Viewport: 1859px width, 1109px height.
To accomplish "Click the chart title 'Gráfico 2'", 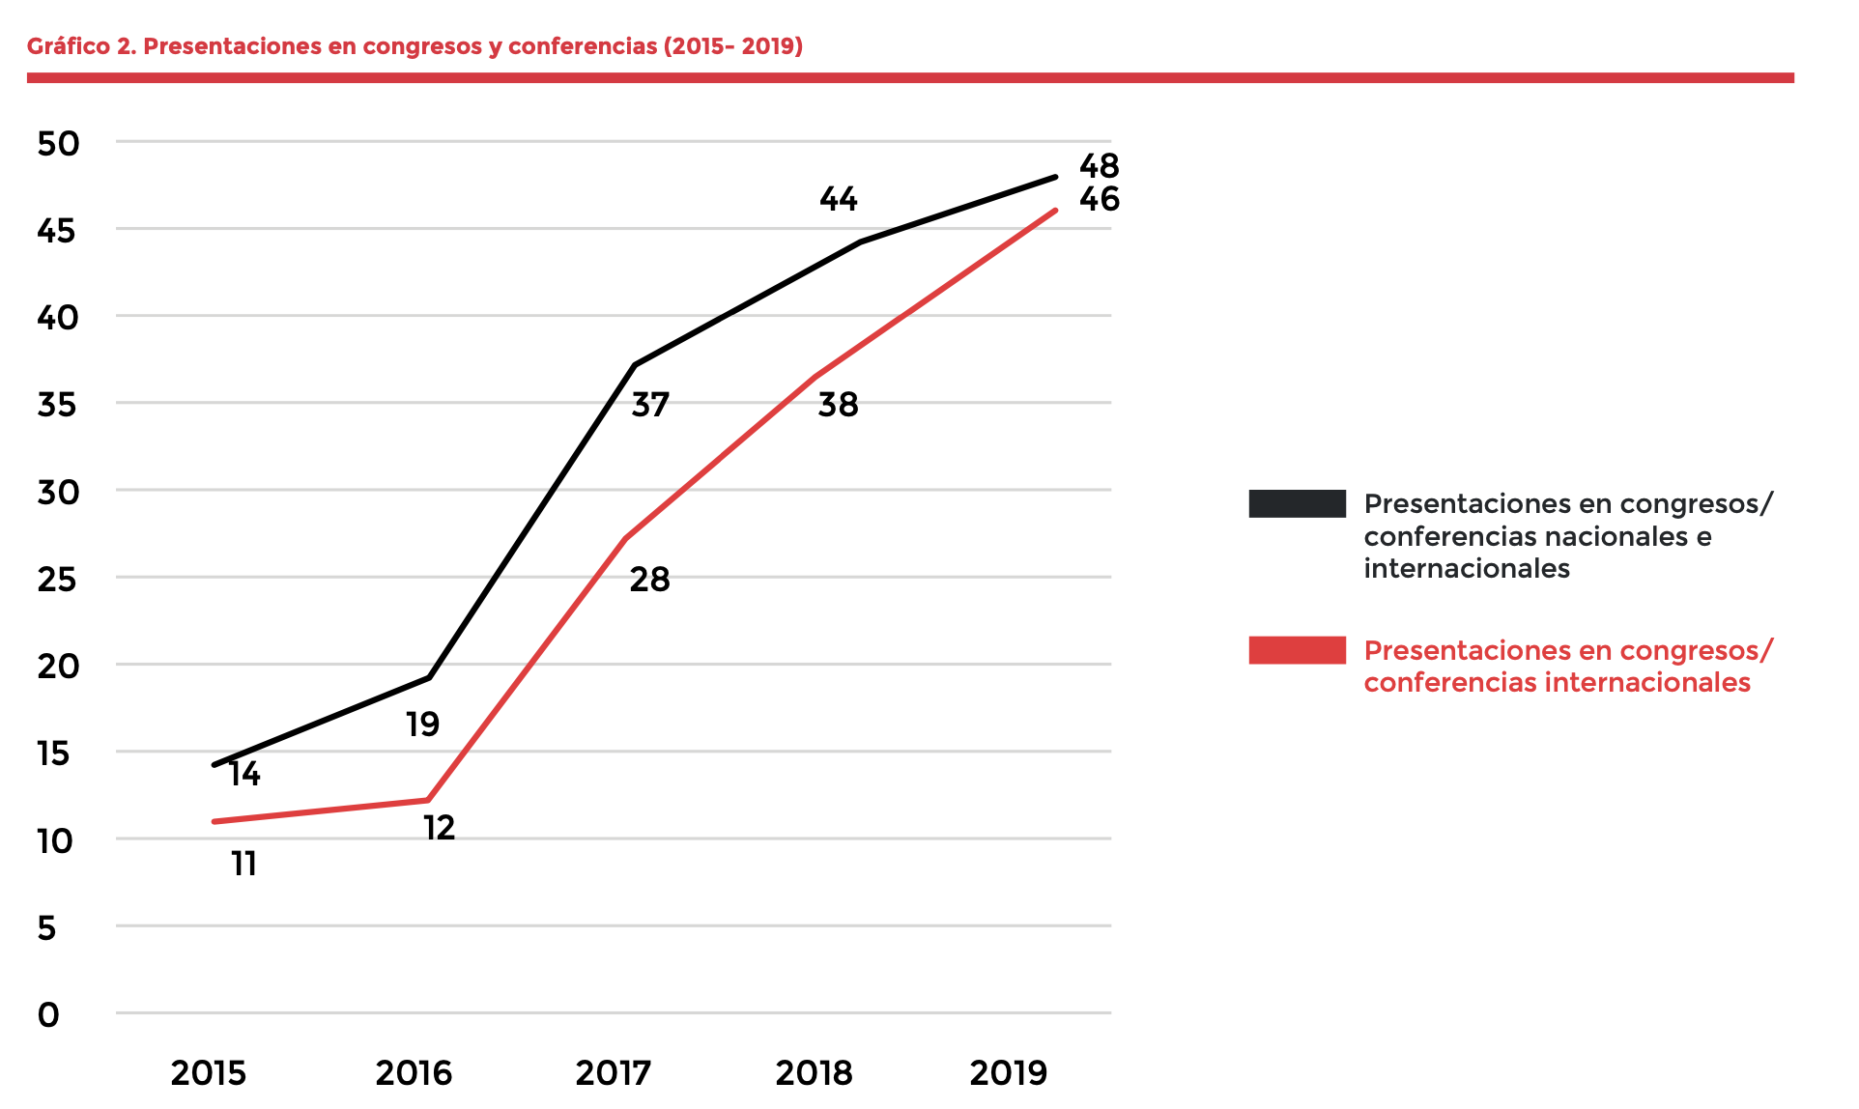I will coord(415,46).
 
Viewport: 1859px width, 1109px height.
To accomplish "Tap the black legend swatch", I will coord(1297,503).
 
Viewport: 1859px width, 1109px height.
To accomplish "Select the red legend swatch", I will coord(1297,650).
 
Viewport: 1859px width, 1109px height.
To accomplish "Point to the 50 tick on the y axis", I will coord(58,144).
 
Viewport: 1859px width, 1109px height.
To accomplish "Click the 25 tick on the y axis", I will coord(57,580).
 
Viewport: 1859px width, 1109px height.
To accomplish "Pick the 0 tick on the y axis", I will coord(48,1015).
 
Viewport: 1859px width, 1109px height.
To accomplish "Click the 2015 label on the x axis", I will coord(209,1073).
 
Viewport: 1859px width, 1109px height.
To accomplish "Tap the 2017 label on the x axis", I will coord(614,1073).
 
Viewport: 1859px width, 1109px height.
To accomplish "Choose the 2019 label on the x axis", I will coord(1009,1073).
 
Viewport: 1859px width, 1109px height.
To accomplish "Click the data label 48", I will coord(1100,166).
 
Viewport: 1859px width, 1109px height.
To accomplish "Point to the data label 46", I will coord(1100,200).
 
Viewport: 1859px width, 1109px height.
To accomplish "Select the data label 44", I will coord(839,200).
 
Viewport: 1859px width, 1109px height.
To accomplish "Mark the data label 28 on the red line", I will coord(649,580).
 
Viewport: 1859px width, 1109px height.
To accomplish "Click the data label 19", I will coord(423,725).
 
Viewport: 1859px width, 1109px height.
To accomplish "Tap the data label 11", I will coord(244,864).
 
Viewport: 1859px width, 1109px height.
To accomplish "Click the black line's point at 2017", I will coord(635,365).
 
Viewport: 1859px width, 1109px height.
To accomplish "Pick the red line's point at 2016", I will coord(427,800).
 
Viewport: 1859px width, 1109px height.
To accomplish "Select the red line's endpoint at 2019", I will coord(1055,211).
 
